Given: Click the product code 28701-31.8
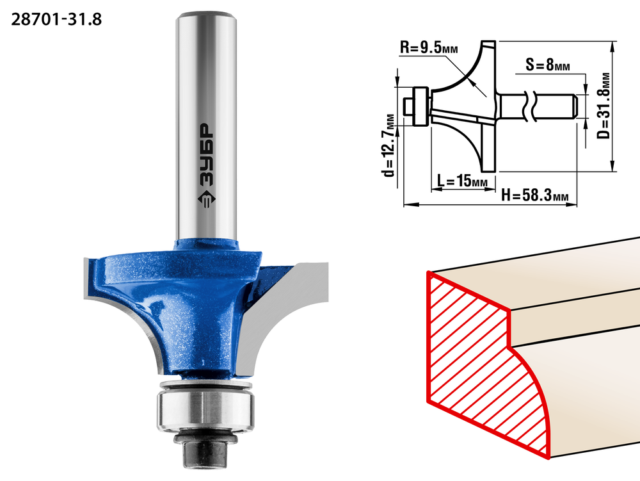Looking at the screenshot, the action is (56, 19).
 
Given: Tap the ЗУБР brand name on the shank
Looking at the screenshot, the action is (207, 156).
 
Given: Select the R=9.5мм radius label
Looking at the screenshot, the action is (429, 48).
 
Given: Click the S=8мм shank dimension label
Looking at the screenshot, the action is (548, 65).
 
